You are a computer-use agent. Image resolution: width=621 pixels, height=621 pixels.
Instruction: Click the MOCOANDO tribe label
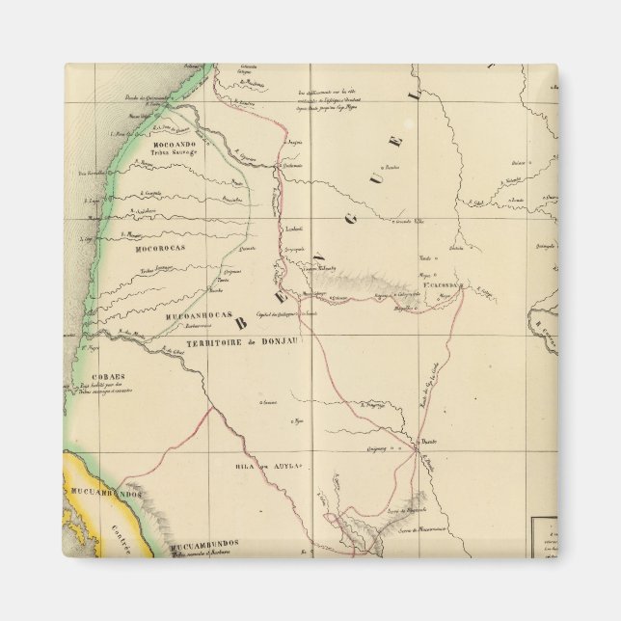point(174,144)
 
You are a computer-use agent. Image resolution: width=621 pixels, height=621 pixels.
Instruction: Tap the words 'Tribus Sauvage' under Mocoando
point(175,152)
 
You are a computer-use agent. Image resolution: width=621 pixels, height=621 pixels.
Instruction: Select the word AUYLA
point(288,466)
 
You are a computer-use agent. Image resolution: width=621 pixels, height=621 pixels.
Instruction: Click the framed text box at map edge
point(546,538)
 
